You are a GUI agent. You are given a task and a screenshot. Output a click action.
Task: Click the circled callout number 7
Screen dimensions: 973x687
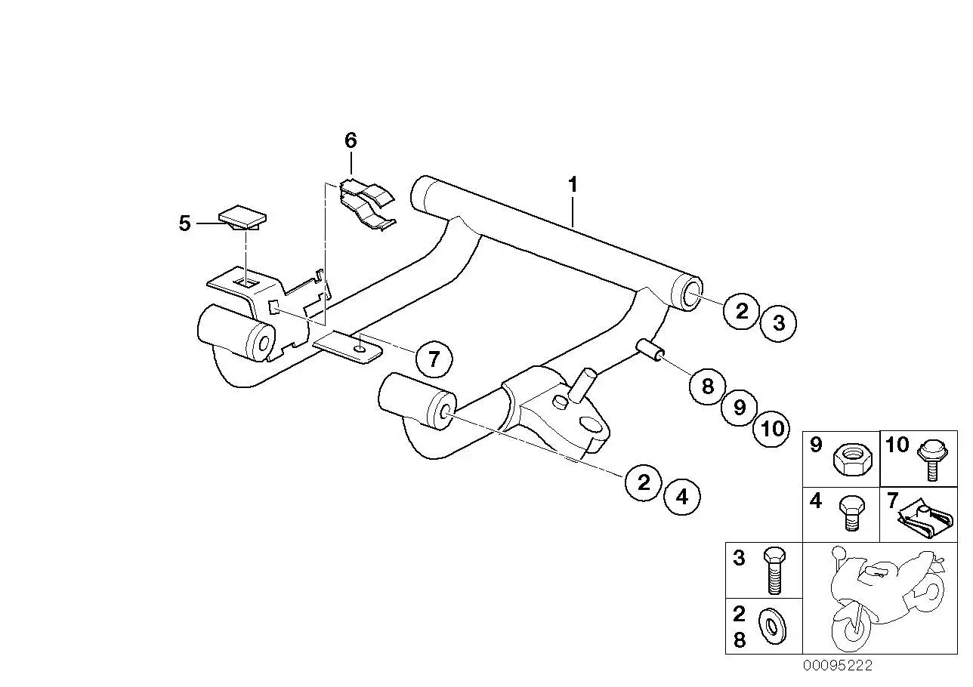point(434,359)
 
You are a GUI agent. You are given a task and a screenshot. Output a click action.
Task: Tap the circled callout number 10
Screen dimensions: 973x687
point(772,429)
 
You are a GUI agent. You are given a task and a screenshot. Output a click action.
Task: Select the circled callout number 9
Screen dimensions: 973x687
point(740,407)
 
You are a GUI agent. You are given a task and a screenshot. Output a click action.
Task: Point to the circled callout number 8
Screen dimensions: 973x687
point(708,386)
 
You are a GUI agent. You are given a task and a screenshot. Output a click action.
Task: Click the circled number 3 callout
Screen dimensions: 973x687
point(779,323)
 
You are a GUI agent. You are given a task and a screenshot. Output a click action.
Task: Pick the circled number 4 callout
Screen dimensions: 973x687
point(682,497)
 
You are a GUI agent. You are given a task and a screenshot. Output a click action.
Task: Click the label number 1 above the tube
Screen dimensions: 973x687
point(573,185)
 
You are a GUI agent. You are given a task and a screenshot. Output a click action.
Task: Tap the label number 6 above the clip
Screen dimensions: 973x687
point(351,140)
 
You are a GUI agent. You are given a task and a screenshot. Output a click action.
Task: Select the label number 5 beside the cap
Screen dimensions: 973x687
point(184,223)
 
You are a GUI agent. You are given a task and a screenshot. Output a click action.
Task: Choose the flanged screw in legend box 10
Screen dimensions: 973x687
point(931,461)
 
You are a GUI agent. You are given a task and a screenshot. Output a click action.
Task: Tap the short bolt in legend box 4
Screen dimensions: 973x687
point(852,513)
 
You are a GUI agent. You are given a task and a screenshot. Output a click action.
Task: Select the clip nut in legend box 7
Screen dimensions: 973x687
point(926,521)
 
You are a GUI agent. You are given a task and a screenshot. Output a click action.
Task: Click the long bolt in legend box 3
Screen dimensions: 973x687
point(774,571)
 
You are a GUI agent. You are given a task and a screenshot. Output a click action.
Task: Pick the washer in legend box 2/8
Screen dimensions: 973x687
point(773,627)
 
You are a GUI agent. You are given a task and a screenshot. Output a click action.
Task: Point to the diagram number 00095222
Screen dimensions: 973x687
point(838,665)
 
